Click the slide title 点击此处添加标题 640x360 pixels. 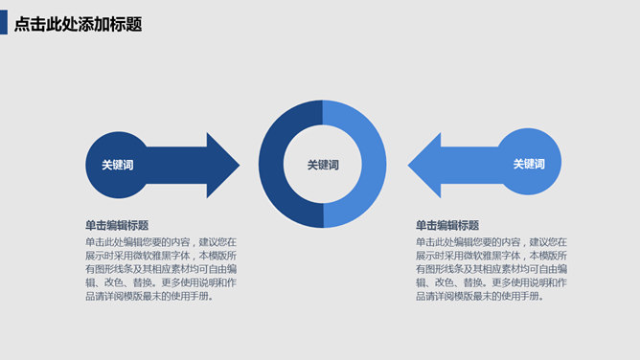click(79, 24)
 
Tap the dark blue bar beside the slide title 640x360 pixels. click(4, 24)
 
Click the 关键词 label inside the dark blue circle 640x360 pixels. click(117, 165)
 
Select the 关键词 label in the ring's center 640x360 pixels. click(323, 165)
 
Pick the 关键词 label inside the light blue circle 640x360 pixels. click(528, 164)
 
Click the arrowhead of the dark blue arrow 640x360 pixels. click(222, 165)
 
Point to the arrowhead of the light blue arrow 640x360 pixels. click(424, 164)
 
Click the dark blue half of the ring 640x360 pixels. click(274, 165)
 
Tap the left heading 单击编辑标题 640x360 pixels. click(117, 226)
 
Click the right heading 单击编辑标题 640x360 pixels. click(447, 226)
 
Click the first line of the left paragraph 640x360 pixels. click(160, 242)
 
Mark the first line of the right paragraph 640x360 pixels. click(491, 242)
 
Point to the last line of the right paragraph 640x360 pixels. click(479, 296)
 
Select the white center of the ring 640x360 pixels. click(323, 182)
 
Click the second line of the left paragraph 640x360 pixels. click(160, 256)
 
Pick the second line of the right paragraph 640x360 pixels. click(491, 256)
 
